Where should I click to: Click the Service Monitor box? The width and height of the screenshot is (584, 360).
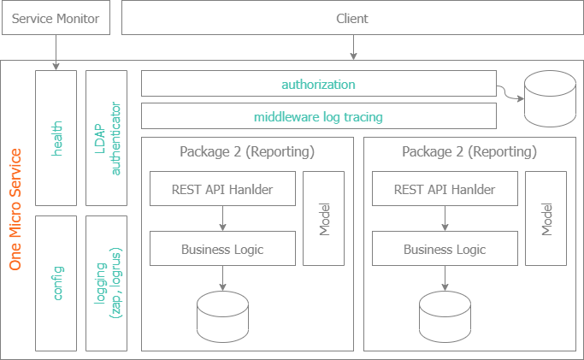pos(56,18)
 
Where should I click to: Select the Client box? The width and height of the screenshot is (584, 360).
pos(351,18)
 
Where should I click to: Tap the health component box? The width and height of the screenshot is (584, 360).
pos(56,137)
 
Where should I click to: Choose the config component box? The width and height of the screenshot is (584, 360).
pos(56,282)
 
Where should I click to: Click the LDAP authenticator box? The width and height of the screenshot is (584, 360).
pos(107,137)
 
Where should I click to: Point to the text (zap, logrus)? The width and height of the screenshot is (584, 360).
pos(116,282)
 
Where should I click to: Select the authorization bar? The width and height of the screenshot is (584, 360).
pos(318,85)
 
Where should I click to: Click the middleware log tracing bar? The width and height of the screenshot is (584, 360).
pos(318,116)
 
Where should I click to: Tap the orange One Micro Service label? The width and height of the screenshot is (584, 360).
pos(15,210)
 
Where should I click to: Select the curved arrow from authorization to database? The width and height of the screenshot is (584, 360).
pos(510,92)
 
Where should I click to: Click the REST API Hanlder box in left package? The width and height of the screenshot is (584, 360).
pos(222,189)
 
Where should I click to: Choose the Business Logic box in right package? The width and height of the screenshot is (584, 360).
pos(445,249)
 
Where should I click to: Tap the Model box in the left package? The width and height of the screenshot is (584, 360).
pos(324,218)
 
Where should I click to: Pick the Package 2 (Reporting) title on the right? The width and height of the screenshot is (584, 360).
pos(469,152)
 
